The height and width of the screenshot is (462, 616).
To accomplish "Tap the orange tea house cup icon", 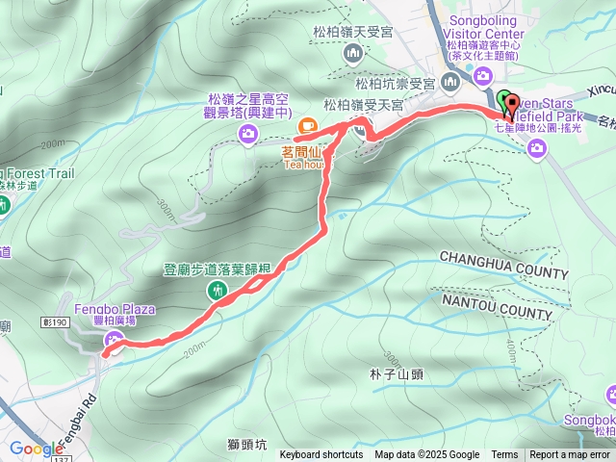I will (307, 124).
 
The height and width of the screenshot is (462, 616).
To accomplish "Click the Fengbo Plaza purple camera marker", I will (114, 338).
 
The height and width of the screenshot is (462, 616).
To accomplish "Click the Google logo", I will (37, 449).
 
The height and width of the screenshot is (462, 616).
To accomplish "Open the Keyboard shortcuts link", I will (321, 455).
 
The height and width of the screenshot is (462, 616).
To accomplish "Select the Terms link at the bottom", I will (504, 455).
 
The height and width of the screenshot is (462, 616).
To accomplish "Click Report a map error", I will (570, 455).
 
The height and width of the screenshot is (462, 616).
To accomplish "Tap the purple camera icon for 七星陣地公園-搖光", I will (536, 146).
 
